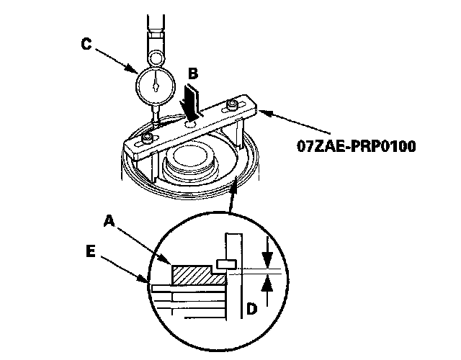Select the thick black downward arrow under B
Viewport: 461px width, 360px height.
point(192,101)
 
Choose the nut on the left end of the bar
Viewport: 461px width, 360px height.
point(146,137)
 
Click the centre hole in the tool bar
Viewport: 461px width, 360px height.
point(192,124)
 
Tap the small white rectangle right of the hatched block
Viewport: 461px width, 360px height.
point(225,264)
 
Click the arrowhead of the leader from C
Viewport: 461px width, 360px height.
point(136,72)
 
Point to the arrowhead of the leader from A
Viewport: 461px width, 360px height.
point(170,261)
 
